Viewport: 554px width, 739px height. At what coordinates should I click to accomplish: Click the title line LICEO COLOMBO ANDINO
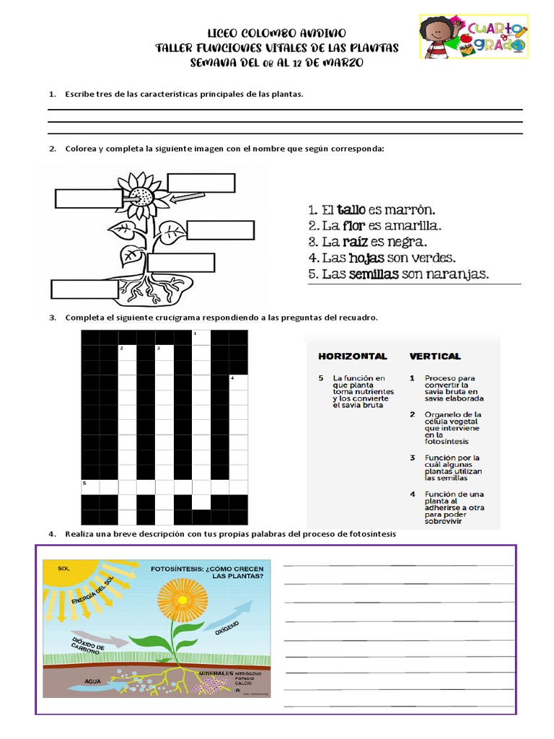[277, 33]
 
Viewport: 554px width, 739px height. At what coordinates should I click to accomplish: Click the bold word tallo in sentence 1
[351, 210]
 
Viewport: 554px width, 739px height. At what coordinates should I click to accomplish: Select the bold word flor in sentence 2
[355, 225]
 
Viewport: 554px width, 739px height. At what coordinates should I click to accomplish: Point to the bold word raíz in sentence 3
[356, 241]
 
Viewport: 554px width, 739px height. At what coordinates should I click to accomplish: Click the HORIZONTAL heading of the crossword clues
[353, 356]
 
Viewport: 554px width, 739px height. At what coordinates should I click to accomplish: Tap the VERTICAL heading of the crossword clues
[435, 356]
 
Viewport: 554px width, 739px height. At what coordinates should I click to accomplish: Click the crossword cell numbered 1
[201, 338]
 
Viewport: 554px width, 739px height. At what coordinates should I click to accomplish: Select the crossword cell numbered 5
[89, 487]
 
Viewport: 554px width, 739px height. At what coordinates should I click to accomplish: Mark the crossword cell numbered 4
[238, 382]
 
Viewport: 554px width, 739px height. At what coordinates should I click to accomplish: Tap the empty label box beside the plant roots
[84, 289]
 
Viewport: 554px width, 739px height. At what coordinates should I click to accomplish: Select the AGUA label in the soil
[92, 681]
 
